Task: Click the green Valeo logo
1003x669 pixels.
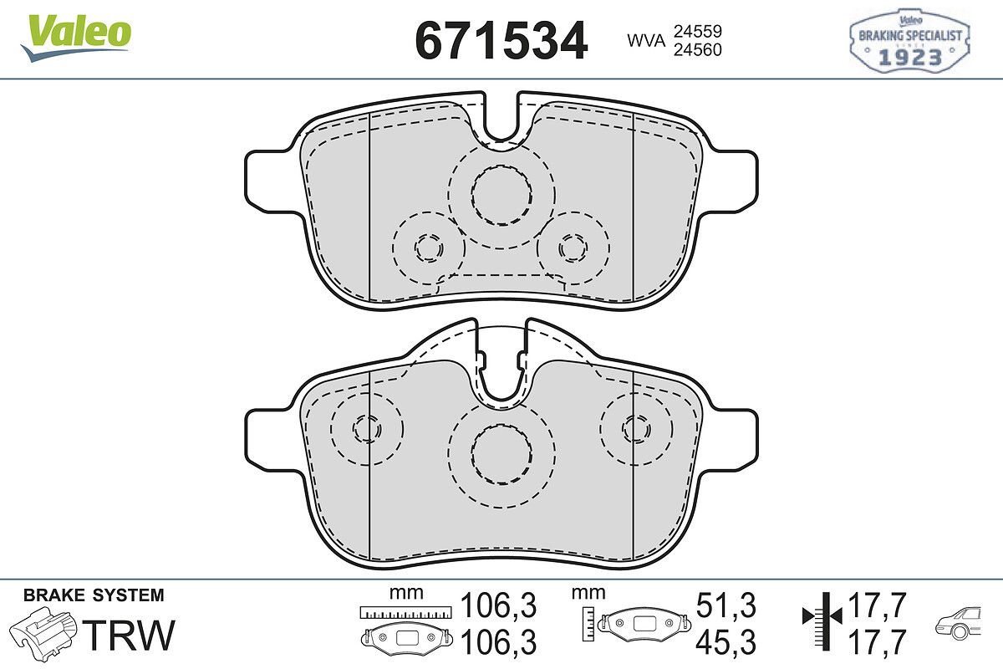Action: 76,38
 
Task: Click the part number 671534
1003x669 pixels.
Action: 501,40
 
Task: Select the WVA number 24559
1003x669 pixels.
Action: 698,32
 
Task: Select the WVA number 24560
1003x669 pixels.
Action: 698,49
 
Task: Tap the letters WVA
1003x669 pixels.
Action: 646,41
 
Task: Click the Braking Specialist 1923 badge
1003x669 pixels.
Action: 909,41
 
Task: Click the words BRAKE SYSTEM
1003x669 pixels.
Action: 94,595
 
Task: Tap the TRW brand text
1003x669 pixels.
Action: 129,635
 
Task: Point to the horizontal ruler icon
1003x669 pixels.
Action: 405,612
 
